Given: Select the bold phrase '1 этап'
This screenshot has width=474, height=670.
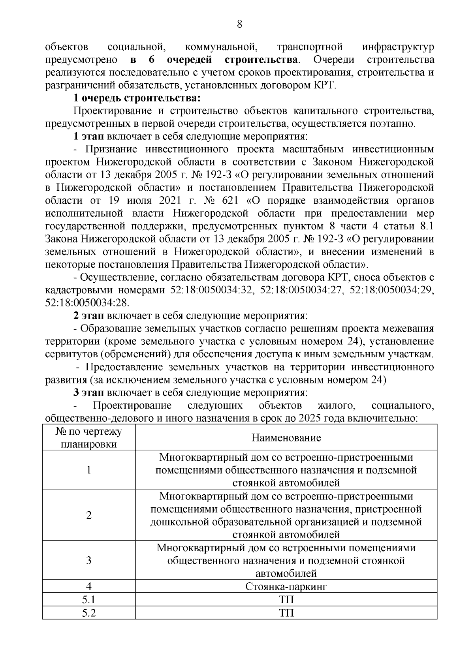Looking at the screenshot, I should [x=89, y=136].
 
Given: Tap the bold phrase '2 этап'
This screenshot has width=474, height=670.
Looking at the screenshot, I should [x=89, y=316].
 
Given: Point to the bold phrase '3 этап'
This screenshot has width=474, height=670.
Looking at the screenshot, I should [x=89, y=393].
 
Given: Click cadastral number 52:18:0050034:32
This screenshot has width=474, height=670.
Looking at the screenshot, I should [x=211, y=290].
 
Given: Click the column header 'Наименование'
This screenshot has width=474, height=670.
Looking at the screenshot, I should [x=286, y=437].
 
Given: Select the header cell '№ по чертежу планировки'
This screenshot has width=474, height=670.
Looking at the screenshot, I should [x=88, y=437].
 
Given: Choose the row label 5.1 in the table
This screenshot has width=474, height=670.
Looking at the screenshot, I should [x=88, y=600].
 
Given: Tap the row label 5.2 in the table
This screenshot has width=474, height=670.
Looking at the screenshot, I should [x=88, y=613].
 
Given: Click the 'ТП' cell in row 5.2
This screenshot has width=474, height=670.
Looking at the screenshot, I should [x=286, y=613].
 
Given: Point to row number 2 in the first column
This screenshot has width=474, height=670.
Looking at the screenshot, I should [x=88, y=515].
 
